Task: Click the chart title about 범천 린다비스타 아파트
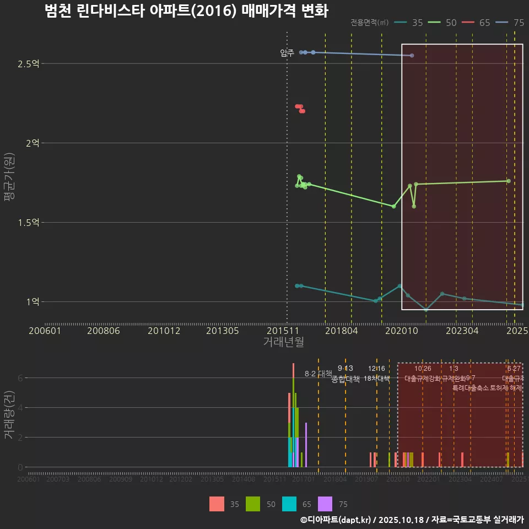point(186,12)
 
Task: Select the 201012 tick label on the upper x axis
point(164,331)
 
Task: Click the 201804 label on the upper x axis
point(342,331)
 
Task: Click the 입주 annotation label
point(287,53)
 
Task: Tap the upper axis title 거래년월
point(283,342)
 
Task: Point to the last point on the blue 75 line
point(412,56)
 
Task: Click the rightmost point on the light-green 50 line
point(509,181)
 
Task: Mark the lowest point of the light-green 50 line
point(393,206)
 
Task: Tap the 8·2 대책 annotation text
point(319,374)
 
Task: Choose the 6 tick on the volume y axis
point(20,378)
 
